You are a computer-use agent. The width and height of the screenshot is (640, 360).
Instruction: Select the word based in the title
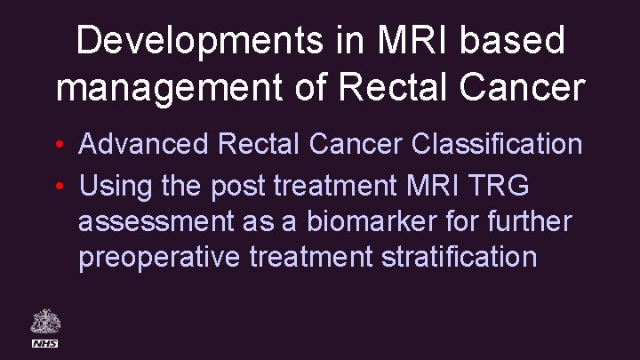click(x=524, y=42)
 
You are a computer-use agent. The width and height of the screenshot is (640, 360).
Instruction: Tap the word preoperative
click(x=156, y=258)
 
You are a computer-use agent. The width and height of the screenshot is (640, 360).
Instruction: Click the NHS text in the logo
click(x=44, y=343)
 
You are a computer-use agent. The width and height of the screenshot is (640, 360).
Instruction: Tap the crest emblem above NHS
click(x=44, y=321)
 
